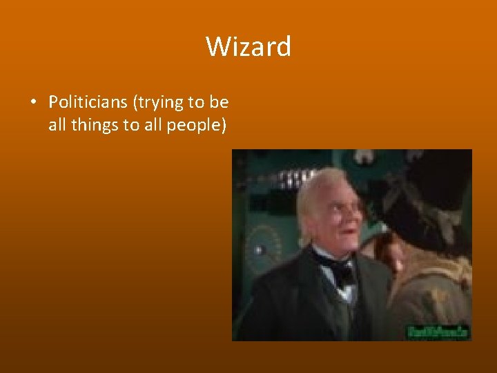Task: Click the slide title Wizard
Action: click(248, 47)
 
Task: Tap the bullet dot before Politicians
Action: click(33, 103)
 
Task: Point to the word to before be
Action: click(196, 102)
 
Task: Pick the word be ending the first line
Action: click(220, 102)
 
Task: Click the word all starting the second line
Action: click(57, 126)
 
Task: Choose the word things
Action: click(95, 126)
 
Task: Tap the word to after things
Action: click(133, 126)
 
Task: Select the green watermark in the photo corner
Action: click(439, 331)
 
